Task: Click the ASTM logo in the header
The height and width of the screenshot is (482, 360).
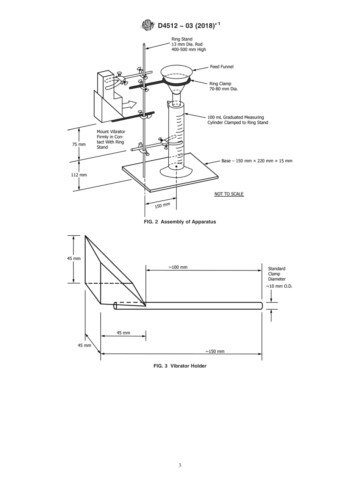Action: [147, 25]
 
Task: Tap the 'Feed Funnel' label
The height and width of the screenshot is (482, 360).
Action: [222, 67]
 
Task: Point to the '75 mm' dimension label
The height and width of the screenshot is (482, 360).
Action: [79, 144]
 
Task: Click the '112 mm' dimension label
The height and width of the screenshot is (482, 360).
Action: [79, 175]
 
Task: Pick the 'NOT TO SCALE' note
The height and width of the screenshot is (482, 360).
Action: [229, 194]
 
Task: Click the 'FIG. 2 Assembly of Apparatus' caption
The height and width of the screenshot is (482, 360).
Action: [180, 222]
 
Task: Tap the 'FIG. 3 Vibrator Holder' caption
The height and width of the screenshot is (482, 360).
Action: [180, 366]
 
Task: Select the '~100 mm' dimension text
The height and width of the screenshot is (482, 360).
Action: [178, 267]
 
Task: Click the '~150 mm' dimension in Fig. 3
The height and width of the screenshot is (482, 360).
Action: [215, 351]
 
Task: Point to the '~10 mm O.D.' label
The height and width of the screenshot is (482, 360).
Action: [279, 286]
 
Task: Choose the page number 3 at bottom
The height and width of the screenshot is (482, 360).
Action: [180, 465]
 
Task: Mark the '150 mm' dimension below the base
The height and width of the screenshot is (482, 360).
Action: [163, 206]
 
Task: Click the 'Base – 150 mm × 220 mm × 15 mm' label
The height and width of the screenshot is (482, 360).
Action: [257, 161]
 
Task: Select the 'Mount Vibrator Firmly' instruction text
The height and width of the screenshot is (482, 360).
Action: [111, 139]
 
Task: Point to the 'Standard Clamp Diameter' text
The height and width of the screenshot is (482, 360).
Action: [277, 274]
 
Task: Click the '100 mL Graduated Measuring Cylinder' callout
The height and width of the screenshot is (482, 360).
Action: [238, 120]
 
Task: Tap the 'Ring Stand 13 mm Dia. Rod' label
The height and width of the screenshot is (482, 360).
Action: [189, 44]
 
